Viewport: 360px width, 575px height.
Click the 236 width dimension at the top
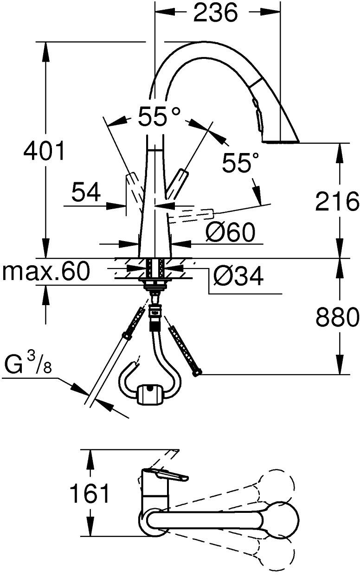[215, 13]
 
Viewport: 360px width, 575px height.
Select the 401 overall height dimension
[45, 151]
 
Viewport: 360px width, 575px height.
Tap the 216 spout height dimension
[337, 201]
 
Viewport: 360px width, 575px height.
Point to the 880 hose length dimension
[337, 317]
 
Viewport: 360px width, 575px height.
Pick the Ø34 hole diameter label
[238, 277]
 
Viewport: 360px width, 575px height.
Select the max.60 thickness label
[45, 272]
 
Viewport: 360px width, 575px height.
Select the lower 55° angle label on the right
[240, 163]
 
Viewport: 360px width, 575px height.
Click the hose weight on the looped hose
[149, 395]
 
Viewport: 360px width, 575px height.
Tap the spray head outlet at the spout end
[281, 139]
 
